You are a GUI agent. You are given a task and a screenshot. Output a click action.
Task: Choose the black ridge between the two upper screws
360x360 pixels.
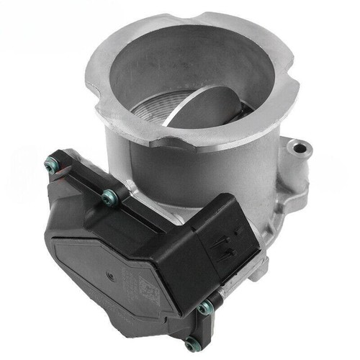(79, 180)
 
